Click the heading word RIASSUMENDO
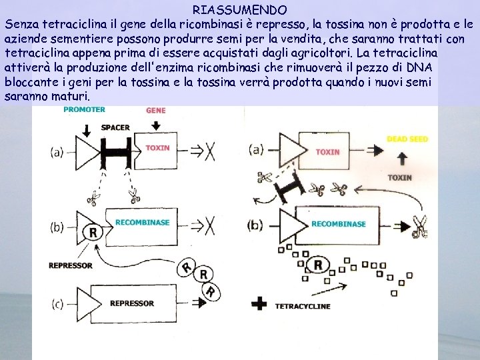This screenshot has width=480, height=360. coord(240,10)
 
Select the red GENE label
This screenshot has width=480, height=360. coord(155,110)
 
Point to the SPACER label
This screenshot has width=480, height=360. coord(115,127)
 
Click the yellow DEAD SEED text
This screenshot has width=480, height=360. coord(407,139)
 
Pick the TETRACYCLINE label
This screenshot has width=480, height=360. coord(302,307)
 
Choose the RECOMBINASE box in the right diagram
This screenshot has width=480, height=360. coord(338,225)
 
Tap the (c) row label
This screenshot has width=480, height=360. coord(57,304)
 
